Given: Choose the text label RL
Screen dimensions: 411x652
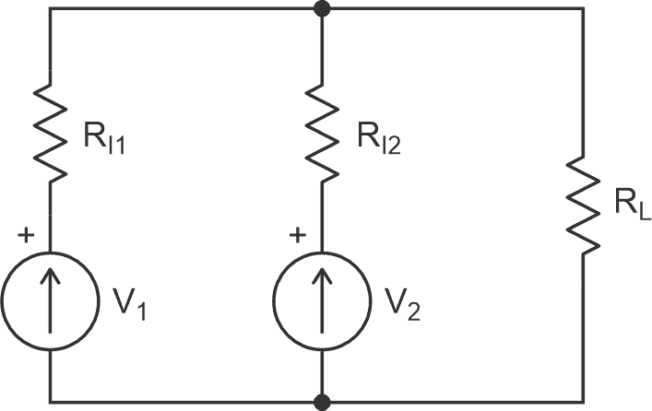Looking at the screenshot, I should coord(633,205).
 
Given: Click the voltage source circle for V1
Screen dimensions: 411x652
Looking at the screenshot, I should coord(51,300).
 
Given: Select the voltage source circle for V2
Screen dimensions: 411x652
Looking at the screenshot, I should coord(322,300).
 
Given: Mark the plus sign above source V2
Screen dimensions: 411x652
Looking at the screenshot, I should coord(297,236).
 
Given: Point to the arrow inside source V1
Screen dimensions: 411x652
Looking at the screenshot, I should coord(51,300).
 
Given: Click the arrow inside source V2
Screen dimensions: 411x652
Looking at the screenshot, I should coord(322,300).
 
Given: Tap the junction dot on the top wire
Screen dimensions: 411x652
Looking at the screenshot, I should coord(322,9).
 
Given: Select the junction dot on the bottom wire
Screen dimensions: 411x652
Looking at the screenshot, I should coord(322,402).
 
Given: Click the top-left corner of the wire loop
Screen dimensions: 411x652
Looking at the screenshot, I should coord(51,9).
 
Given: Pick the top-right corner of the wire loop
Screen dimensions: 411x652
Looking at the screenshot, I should coord(584,9).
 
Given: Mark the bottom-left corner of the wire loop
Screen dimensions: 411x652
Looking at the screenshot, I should coord(51,402).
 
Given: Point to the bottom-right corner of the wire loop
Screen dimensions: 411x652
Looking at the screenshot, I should coord(584,402).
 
